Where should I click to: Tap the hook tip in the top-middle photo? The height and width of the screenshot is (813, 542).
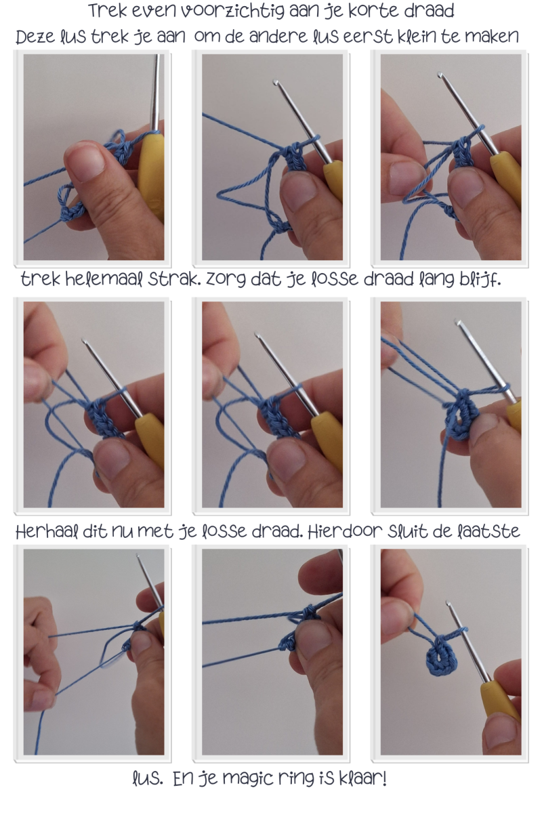click(276, 83)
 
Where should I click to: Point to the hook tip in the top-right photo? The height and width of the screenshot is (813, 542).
click(440, 75)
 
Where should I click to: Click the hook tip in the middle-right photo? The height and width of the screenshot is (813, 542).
click(457, 322)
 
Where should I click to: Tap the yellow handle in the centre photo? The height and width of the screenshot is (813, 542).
click(326, 442)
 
